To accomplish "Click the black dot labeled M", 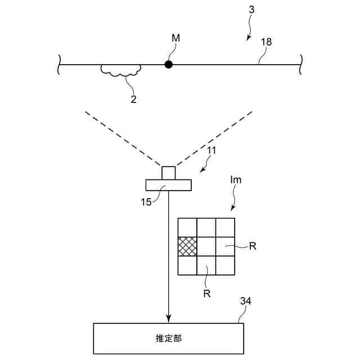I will (x=168, y=65).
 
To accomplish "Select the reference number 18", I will (x=266, y=42).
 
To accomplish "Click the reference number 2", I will (x=133, y=99).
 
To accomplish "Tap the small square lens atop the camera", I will (x=169, y=172).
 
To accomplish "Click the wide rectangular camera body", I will (x=169, y=184).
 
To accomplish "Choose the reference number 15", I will (x=145, y=201).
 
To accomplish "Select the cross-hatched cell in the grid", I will (x=187, y=246).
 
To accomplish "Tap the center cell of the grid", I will (x=206, y=246).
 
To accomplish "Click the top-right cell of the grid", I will (x=224, y=227).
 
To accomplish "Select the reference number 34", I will (x=245, y=302).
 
